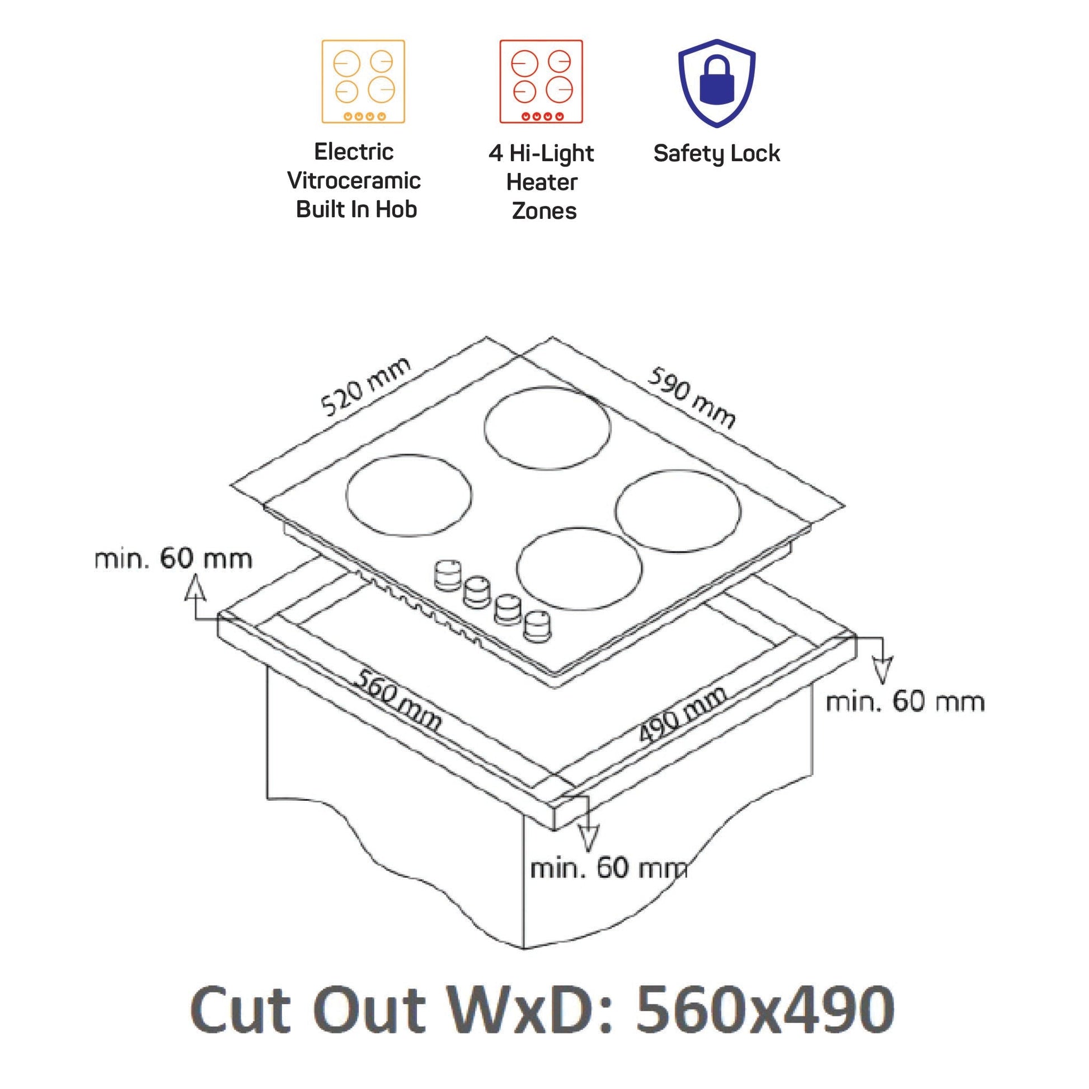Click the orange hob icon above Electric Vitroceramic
(363, 81)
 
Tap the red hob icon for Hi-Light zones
(541, 81)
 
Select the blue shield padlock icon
(716, 83)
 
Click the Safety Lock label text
(716, 153)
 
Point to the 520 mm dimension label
(366, 387)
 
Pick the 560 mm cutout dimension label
(397, 700)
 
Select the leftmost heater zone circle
(409, 496)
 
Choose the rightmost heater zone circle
(678, 511)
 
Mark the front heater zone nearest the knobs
(579, 568)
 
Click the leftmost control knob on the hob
(447, 575)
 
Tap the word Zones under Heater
(544, 211)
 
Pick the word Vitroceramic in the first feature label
(354, 180)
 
